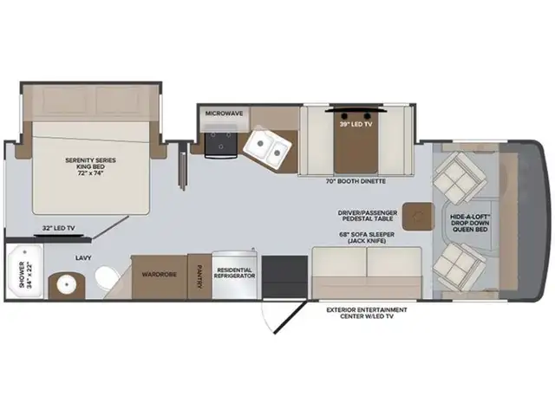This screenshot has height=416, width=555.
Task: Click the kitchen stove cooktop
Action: click(220, 146)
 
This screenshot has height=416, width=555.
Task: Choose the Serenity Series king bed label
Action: click(90, 166)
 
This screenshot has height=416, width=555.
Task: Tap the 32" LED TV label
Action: click(58, 228)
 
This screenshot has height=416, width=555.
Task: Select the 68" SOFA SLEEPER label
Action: click(368, 237)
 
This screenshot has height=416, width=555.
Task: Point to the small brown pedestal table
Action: click(421, 213)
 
